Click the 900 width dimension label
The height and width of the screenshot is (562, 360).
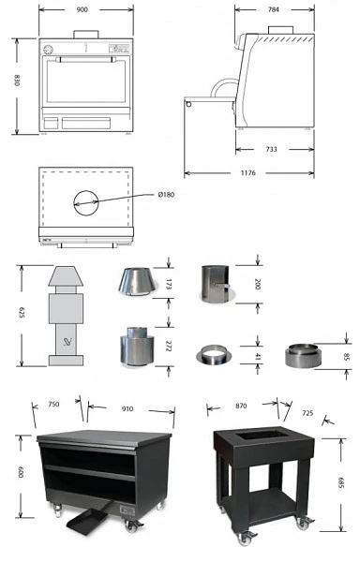[82, 9]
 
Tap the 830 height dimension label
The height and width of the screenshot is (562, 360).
[17, 81]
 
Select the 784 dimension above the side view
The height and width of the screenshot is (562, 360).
[273, 9]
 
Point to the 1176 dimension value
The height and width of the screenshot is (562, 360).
[248, 173]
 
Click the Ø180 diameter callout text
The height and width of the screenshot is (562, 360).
[166, 195]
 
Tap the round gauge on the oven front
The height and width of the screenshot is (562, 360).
[48, 50]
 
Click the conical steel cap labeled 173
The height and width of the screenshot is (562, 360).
[137, 282]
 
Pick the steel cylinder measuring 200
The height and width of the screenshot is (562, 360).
[215, 284]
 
